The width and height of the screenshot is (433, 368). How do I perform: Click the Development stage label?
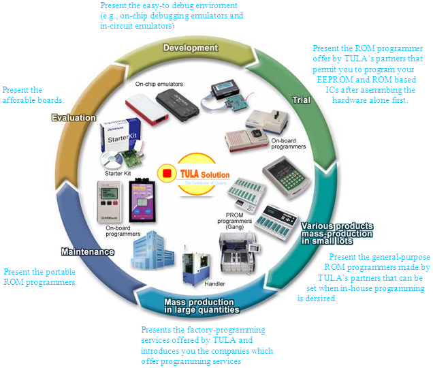pyautogui.click(x=191, y=48)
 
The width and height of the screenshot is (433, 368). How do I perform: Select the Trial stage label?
pyautogui.click(x=301, y=100)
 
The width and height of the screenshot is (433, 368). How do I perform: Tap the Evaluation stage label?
pyautogui.click(x=74, y=118)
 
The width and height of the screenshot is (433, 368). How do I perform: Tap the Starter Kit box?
pyautogui.click(x=121, y=137)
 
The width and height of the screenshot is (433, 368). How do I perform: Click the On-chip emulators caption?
pyautogui.click(x=159, y=84)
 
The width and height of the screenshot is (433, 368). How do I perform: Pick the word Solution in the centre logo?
pyautogui.click(x=215, y=175)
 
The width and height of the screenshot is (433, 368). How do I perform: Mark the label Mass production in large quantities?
pyautogui.click(x=202, y=305)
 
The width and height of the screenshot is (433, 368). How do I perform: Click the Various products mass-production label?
pyautogui.click(x=336, y=232)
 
